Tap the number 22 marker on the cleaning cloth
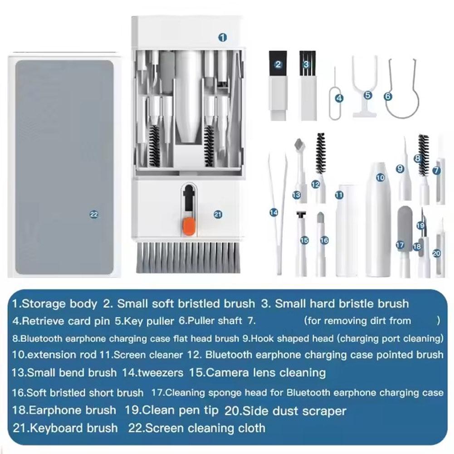click(94, 215)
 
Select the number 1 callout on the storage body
click(222, 38)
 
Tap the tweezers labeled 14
click(278, 213)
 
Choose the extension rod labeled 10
click(379, 218)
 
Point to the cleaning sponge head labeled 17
click(403, 236)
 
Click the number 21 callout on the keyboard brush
click(218, 215)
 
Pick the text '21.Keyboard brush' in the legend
click(65, 428)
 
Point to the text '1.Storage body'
click(54, 303)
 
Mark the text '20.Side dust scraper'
click(285, 411)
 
